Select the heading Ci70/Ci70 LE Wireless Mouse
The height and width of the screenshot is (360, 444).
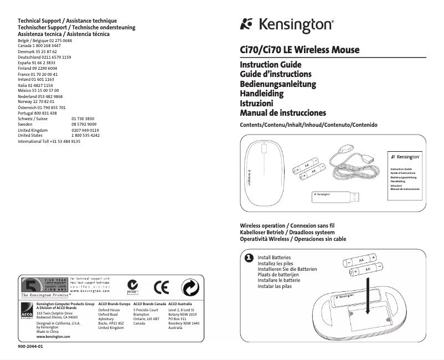pyautogui.click(x=299, y=50)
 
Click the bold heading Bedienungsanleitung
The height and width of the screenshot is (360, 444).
pyautogui.click(x=277, y=84)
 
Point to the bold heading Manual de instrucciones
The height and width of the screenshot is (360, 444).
pyautogui.click(x=282, y=113)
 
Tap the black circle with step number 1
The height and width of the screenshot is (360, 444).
pyautogui.click(x=249, y=258)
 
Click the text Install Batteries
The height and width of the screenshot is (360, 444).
pyautogui.click(x=274, y=258)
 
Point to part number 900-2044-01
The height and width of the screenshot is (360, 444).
pyautogui.click(x=30, y=347)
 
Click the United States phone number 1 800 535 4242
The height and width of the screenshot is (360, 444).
pyautogui.click(x=86, y=135)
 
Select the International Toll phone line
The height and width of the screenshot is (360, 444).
pyautogui.click(x=49, y=142)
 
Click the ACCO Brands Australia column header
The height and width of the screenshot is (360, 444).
pyautogui.click(x=180, y=304)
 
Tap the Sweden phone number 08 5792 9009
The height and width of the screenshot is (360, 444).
pyautogui.click(x=84, y=125)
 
